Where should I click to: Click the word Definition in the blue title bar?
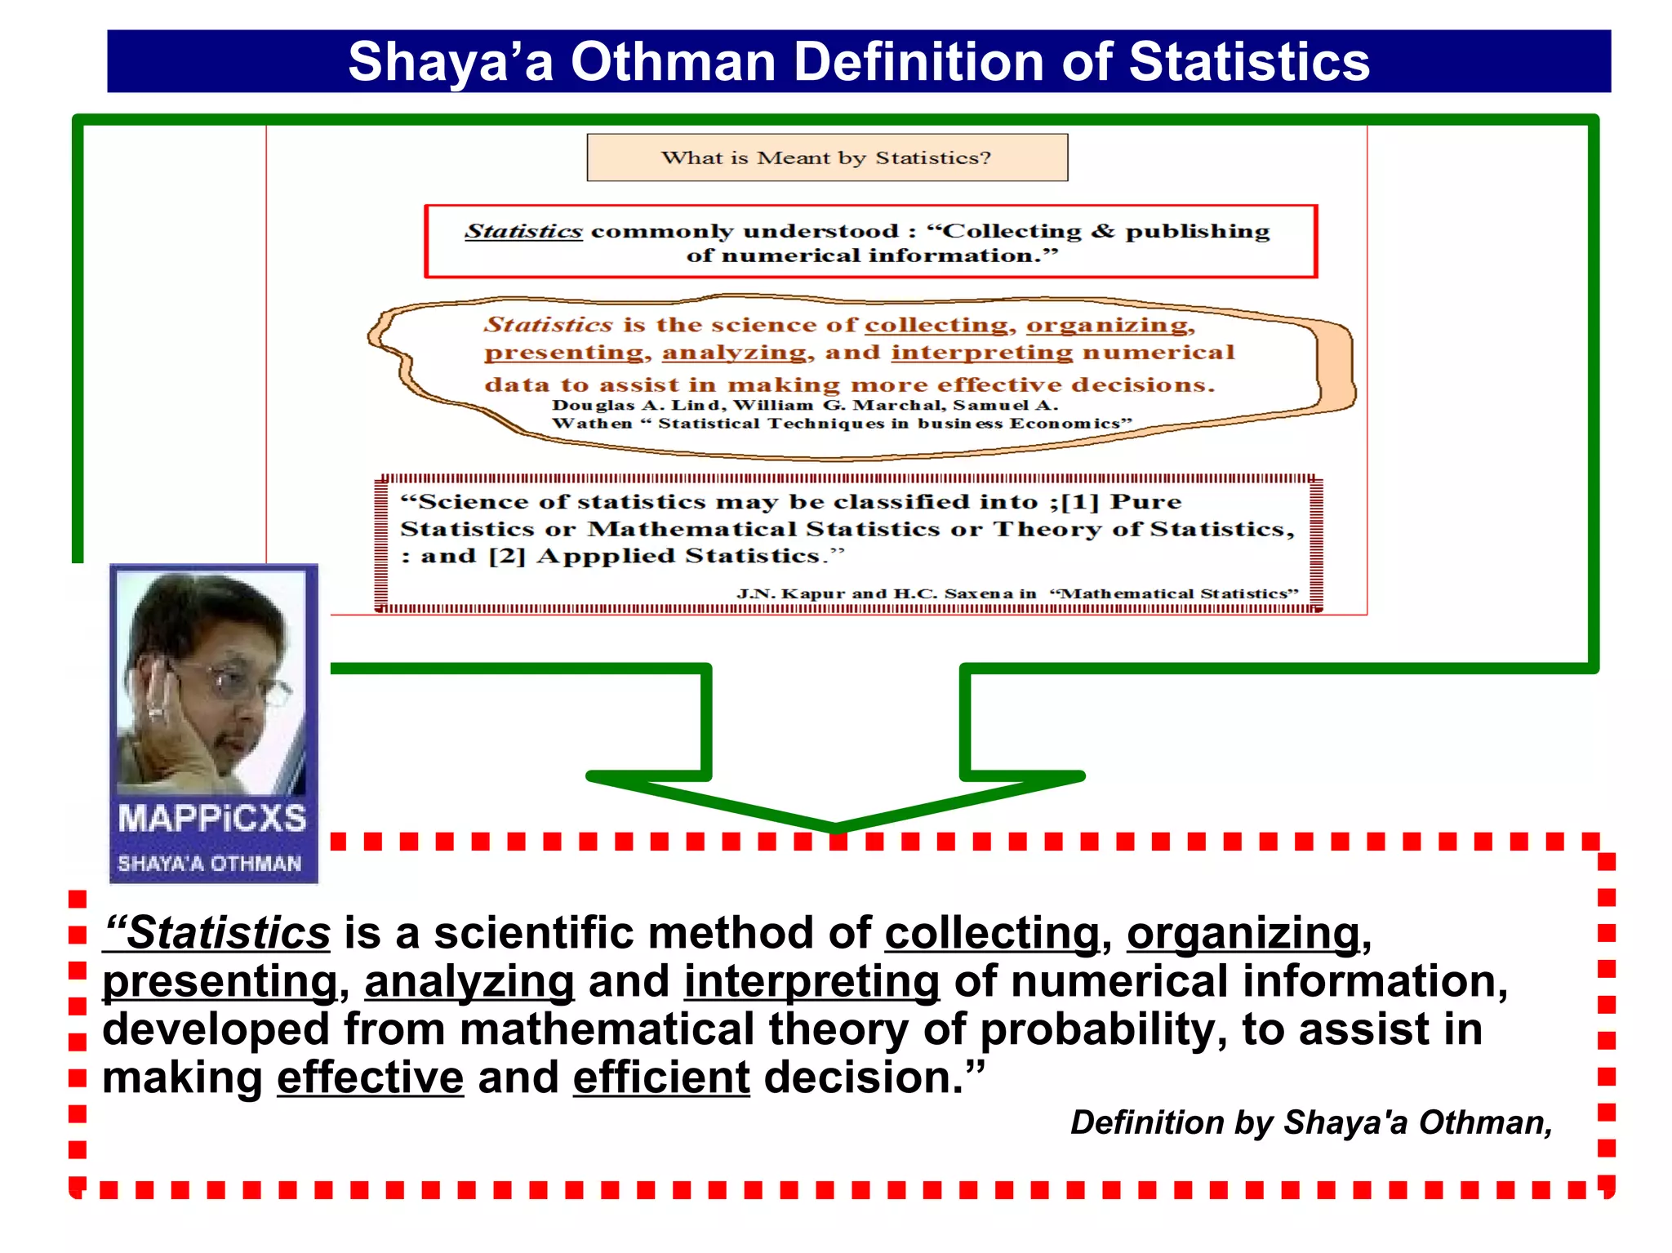click(919, 62)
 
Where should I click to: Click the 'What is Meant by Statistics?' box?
click(826, 158)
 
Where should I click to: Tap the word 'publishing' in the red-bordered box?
click(1197, 232)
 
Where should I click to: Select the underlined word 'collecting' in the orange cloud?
click(936, 325)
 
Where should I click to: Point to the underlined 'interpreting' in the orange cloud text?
click(981, 353)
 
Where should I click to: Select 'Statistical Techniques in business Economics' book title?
click(894, 424)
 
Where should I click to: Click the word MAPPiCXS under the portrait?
click(212, 819)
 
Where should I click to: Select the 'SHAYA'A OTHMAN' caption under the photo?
click(210, 864)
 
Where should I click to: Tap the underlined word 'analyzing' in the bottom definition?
click(469, 981)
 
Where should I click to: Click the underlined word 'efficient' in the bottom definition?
click(661, 1077)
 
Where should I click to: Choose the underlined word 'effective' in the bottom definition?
click(370, 1077)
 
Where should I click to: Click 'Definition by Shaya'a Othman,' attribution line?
click(1311, 1122)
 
